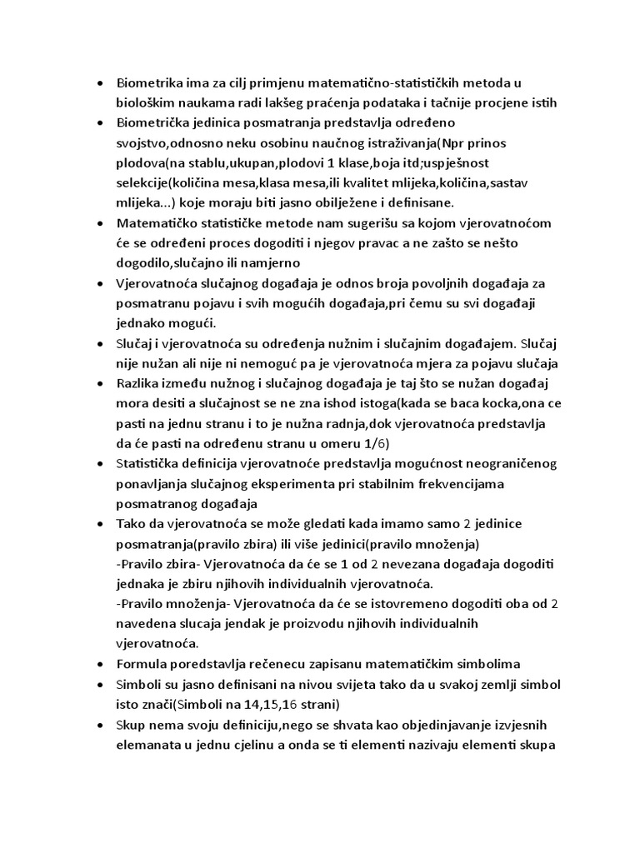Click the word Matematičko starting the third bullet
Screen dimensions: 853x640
pyautogui.click(x=157, y=224)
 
